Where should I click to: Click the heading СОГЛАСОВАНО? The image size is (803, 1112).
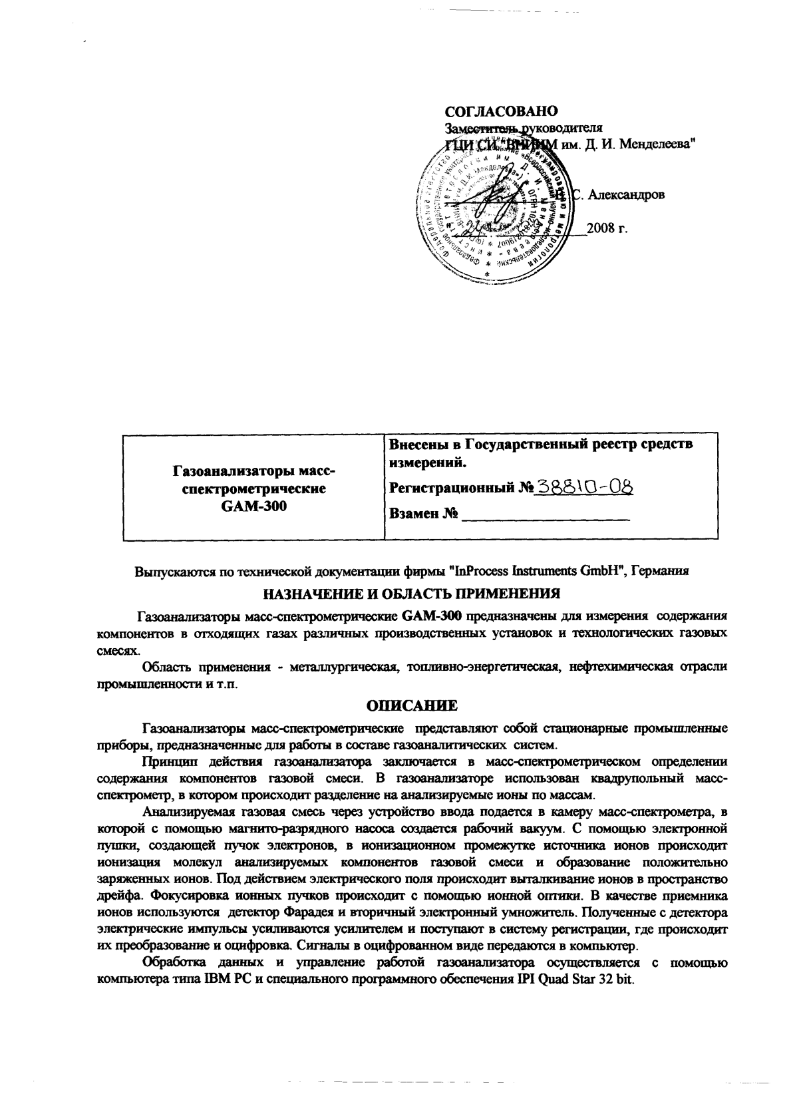pos(501,110)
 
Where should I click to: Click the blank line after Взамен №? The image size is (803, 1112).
pos(546,514)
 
